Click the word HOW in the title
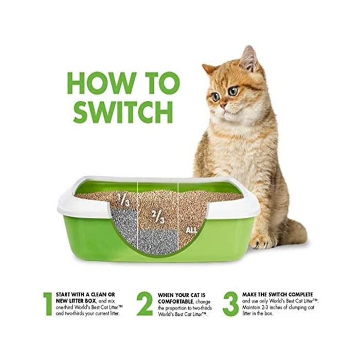[101, 83]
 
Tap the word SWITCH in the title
[123, 112]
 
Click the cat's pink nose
[223, 106]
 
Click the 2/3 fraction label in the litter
[158, 217]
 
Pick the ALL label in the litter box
[191, 230]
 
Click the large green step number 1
[48, 304]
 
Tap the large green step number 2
[145, 304]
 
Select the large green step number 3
[230, 304]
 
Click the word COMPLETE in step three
[300, 295]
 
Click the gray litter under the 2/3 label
[158, 242]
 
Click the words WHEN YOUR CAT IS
[182, 295]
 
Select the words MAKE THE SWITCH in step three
[264, 295]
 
